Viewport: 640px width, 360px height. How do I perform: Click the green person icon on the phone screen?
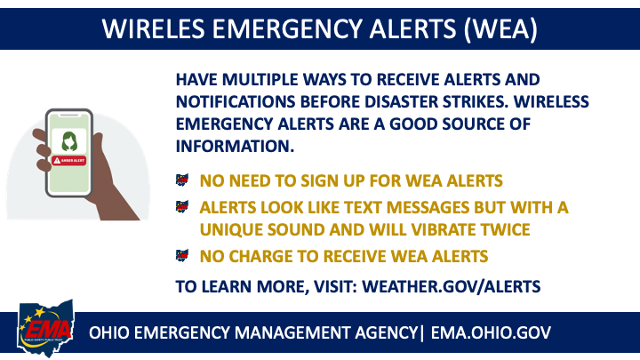68,141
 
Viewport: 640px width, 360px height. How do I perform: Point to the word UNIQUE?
232,229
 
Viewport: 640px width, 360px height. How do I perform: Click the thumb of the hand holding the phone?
39,143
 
